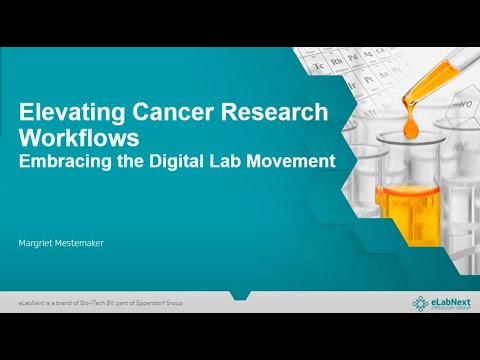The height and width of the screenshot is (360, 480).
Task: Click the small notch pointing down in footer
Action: click(x=240, y=297)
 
